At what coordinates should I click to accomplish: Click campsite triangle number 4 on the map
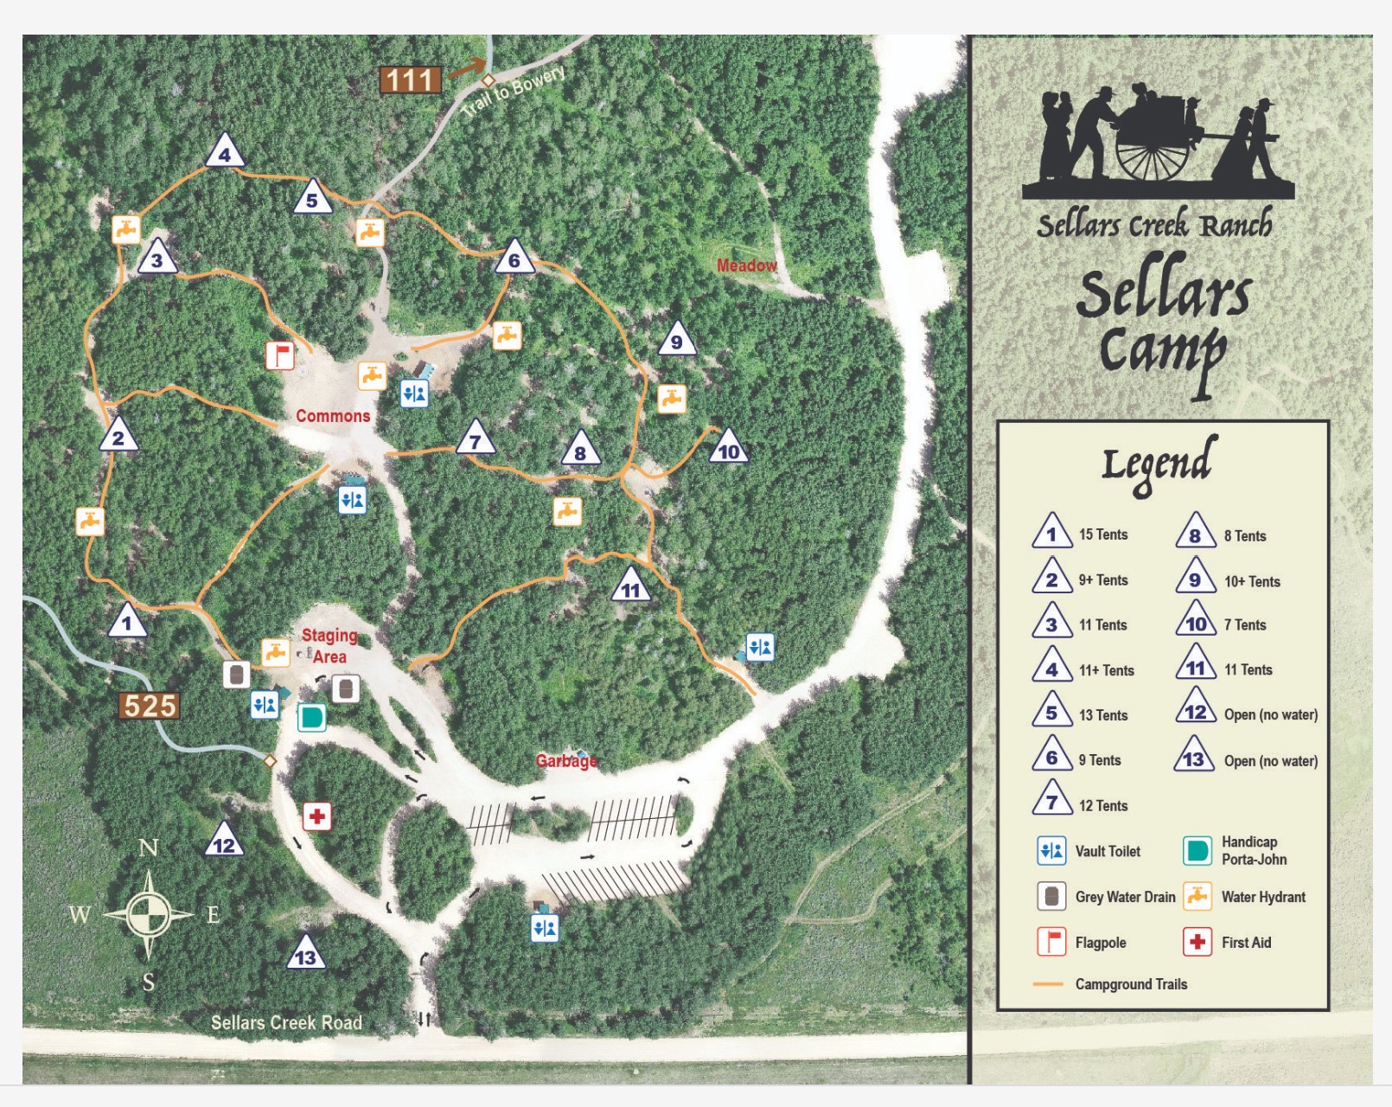[x=225, y=152]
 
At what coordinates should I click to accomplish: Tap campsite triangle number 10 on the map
[x=728, y=448]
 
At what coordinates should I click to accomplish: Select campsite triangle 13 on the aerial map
[x=305, y=954]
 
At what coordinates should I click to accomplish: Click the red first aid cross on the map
[x=317, y=816]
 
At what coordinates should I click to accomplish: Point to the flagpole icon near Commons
[x=279, y=355]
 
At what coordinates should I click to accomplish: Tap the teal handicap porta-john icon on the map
[x=311, y=717]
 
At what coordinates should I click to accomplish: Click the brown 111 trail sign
[x=411, y=80]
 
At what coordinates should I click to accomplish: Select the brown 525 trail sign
[x=150, y=706]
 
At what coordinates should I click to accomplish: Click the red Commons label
[x=333, y=416]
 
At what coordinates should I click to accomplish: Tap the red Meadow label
[x=746, y=266]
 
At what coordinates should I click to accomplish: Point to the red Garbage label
[x=566, y=761]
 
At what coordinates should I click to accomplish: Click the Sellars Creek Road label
[x=286, y=1023]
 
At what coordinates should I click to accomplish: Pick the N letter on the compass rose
[x=149, y=848]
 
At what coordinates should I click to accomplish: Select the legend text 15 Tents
[x=1103, y=534]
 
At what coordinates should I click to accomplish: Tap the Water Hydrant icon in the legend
[x=1197, y=897]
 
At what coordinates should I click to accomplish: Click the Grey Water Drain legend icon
[x=1051, y=897]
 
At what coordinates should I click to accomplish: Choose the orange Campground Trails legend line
[x=1048, y=984]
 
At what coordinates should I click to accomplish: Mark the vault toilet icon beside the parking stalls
[x=545, y=928]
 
